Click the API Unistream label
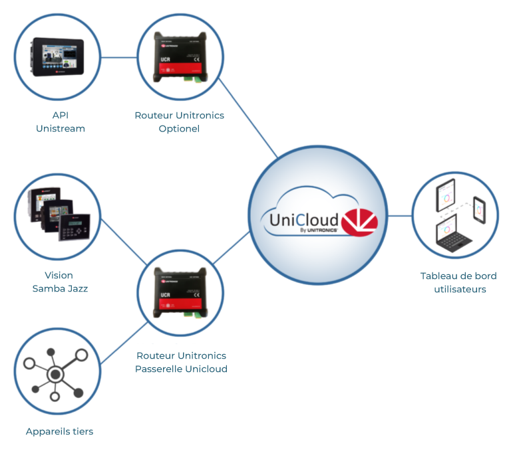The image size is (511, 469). coord(59,122)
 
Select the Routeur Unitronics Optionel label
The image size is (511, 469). coord(179,122)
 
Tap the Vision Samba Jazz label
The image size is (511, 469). coord(59,282)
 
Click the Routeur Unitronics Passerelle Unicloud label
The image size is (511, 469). coord(181,362)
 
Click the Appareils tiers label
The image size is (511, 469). coord(59,431)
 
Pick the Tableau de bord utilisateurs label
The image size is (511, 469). coord(458,282)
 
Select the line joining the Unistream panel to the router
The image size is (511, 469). coord(118,57)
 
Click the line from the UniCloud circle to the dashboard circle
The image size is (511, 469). coord(399,216)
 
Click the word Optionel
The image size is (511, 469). coord(179,128)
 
